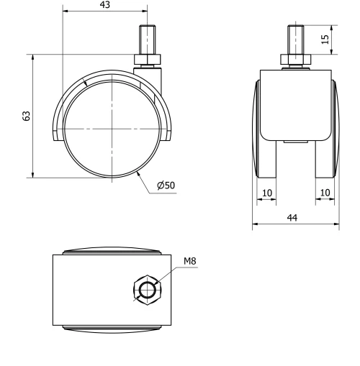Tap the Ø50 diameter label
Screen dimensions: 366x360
[166, 186]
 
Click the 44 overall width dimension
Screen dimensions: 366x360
[295, 216]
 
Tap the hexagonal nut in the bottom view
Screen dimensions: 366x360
[147, 290]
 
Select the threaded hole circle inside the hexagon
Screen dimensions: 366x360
[147, 290]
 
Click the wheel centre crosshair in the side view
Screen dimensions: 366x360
[112, 128]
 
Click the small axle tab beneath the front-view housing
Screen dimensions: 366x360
[295, 142]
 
